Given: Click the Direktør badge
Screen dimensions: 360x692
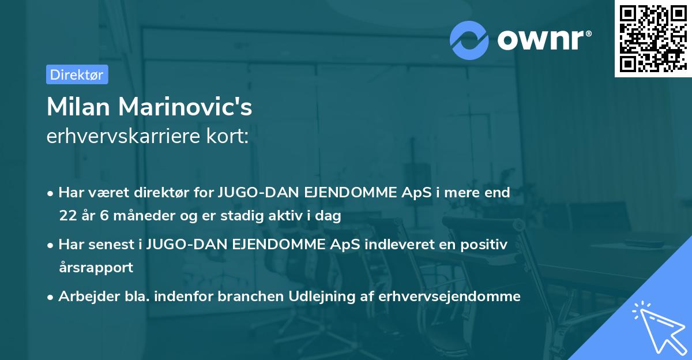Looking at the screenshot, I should point(77,74).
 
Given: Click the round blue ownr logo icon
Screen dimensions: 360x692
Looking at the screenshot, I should point(469,40).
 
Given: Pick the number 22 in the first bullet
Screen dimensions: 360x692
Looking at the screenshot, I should point(67,216).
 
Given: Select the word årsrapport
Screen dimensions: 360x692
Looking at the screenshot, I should point(96,268).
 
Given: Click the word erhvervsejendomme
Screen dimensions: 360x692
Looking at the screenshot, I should point(450,297).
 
